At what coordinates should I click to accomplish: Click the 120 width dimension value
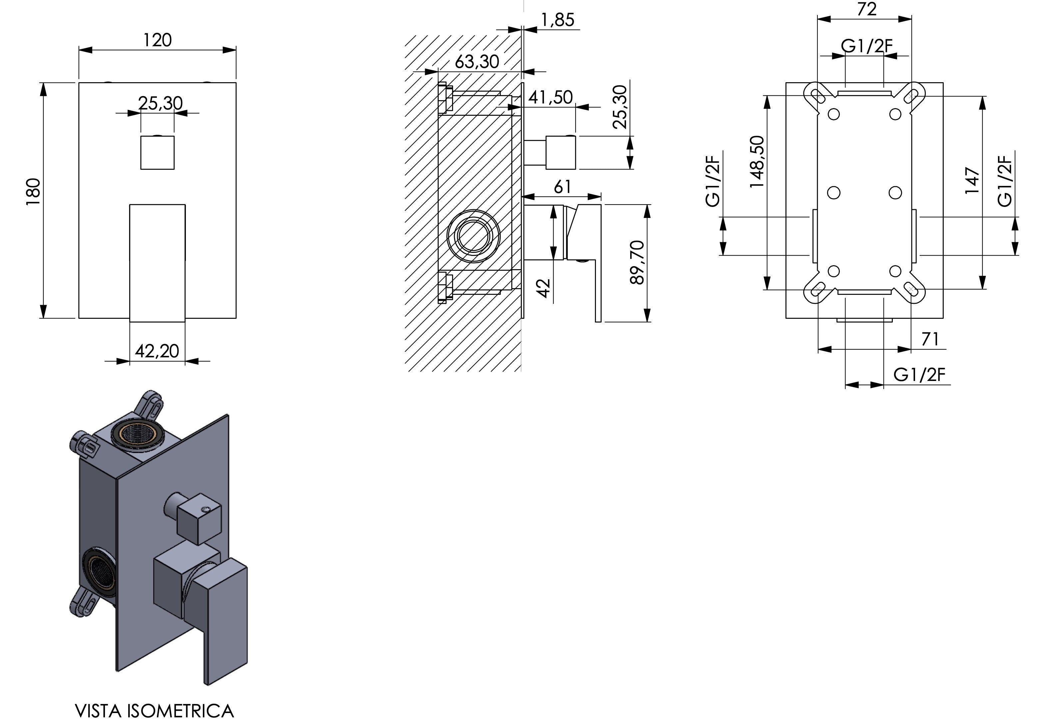point(158,40)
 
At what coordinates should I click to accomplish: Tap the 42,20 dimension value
point(157,351)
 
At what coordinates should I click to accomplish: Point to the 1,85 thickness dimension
point(558,20)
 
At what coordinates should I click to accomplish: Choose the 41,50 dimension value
point(551,97)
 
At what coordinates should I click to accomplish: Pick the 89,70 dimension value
point(636,262)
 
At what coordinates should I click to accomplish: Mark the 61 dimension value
point(563,187)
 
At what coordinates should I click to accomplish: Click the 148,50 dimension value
point(756,161)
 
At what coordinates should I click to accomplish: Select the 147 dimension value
point(972,180)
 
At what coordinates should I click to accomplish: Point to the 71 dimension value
point(930,339)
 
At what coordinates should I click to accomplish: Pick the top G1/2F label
point(866,46)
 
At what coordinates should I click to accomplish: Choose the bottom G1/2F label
point(919,375)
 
